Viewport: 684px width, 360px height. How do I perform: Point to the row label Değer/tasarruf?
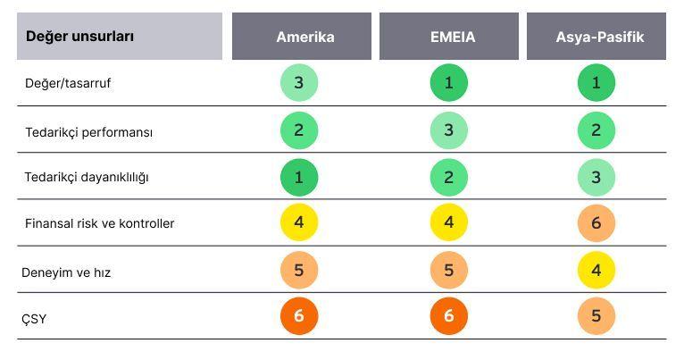(68, 83)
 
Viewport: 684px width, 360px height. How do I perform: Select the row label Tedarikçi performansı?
(89, 132)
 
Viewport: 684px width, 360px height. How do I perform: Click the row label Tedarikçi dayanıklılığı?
(87, 177)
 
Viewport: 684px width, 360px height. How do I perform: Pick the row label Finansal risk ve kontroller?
(99, 223)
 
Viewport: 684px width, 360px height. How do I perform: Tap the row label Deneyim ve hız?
(66, 272)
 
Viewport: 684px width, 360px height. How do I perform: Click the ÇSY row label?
(34, 319)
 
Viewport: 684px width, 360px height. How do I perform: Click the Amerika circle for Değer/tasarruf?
(299, 82)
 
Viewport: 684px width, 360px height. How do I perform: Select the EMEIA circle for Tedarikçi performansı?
(449, 130)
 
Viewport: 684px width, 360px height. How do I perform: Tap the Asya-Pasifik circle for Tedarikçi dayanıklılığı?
(596, 177)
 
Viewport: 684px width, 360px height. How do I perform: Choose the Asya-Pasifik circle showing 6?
(596, 223)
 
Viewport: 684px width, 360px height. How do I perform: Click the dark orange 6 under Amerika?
(299, 316)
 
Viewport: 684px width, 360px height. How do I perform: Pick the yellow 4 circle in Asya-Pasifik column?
(596, 270)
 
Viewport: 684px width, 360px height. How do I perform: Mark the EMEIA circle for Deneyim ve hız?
(449, 270)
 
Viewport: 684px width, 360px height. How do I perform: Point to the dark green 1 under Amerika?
(299, 177)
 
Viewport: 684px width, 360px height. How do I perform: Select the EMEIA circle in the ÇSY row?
(449, 316)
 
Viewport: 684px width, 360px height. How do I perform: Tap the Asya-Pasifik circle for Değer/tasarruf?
(596, 82)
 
